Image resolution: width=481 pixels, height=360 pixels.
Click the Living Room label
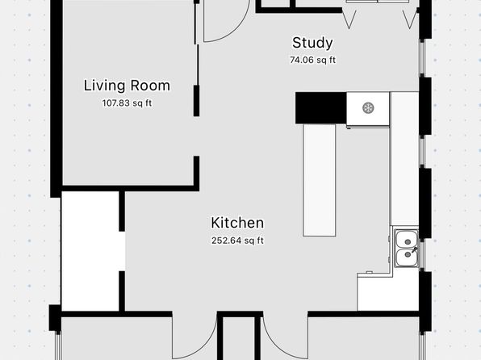click(127, 86)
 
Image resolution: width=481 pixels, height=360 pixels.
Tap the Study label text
click(312, 43)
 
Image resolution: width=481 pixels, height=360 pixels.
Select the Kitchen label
click(237, 223)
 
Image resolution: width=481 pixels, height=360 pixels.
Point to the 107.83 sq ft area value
click(127, 103)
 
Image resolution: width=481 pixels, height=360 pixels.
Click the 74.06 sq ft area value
click(312, 60)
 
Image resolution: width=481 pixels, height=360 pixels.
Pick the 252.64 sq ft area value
click(237, 241)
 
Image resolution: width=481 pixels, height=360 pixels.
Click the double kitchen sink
click(406, 248)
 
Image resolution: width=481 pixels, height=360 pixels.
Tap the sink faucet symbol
click(414, 250)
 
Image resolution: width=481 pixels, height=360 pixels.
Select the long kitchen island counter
click(320, 180)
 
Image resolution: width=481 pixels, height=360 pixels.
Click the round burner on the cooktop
click(368, 108)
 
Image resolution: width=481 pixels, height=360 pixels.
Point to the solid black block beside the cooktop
click(321, 108)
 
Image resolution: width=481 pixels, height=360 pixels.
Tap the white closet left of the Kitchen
click(91, 251)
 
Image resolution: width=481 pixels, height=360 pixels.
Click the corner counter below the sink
click(388, 291)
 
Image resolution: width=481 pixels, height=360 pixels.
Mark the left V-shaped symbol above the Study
click(349, 19)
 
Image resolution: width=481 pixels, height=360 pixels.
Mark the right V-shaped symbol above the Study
click(409, 19)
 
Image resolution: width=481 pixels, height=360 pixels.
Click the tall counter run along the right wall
click(404, 158)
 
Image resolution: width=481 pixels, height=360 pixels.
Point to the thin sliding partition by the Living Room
click(197, 58)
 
